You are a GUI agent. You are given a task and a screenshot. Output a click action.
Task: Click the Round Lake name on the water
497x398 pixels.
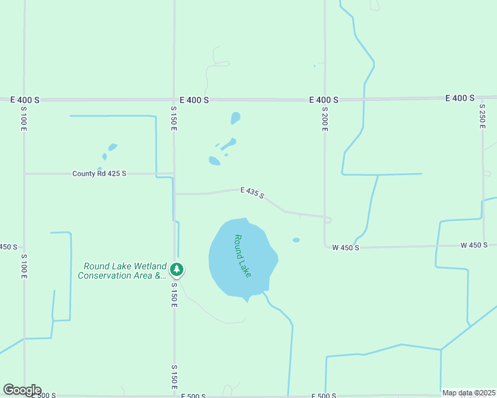click(243, 255)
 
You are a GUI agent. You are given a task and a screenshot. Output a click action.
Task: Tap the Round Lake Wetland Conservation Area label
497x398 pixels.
click(122, 271)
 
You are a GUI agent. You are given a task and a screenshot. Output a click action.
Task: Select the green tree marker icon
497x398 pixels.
click(177, 269)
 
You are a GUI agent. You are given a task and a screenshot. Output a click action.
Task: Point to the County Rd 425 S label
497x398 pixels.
click(99, 174)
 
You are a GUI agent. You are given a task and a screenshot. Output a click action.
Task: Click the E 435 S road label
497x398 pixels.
click(252, 193)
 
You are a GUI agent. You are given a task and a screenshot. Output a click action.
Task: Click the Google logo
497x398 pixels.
click(22, 390)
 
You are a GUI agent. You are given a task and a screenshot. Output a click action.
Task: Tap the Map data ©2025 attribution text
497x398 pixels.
click(468, 393)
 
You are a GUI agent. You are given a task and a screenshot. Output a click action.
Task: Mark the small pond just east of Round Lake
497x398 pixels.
click(296, 240)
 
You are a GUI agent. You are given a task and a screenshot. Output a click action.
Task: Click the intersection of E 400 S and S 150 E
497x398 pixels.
click(174, 99)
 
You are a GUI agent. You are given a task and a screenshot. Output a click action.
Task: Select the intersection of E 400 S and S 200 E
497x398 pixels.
click(325, 99)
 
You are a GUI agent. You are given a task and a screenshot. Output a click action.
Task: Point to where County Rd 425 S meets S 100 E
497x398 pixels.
click(25, 174)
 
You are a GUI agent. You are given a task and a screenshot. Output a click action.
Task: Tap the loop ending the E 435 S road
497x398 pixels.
click(328, 220)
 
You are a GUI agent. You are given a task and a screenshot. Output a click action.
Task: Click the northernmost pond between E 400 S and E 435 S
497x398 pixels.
click(235, 118)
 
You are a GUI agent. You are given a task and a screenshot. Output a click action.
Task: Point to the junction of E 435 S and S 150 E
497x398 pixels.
click(175, 194)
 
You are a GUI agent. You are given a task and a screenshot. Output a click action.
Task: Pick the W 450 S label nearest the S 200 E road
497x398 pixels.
click(346, 247)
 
